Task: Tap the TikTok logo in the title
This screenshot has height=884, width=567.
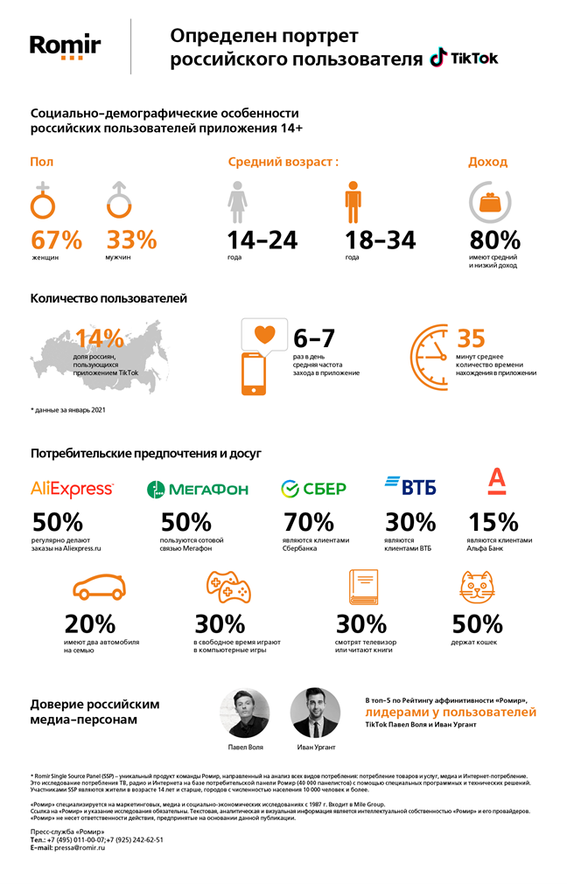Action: pyautogui.click(x=464, y=59)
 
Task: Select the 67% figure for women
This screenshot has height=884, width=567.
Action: pyautogui.click(x=57, y=239)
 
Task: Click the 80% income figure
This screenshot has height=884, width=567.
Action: pyautogui.click(x=494, y=240)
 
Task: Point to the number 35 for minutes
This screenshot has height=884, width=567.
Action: pyautogui.click(x=472, y=338)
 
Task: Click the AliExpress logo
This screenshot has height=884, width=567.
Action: pyautogui.click(x=72, y=488)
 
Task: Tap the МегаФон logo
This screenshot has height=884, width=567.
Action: pyautogui.click(x=198, y=489)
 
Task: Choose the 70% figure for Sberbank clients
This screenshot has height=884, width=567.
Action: pyautogui.click(x=308, y=522)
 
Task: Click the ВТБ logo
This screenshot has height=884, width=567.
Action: pyautogui.click(x=410, y=486)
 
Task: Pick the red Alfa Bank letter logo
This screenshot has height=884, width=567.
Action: pyautogui.click(x=496, y=482)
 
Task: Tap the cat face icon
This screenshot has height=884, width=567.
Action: pyautogui.click(x=478, y=588)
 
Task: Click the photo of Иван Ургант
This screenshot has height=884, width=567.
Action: pyautogui.click(x=315, y=713)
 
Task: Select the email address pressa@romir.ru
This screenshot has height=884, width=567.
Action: pyautogui.click(x=80, y=848)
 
